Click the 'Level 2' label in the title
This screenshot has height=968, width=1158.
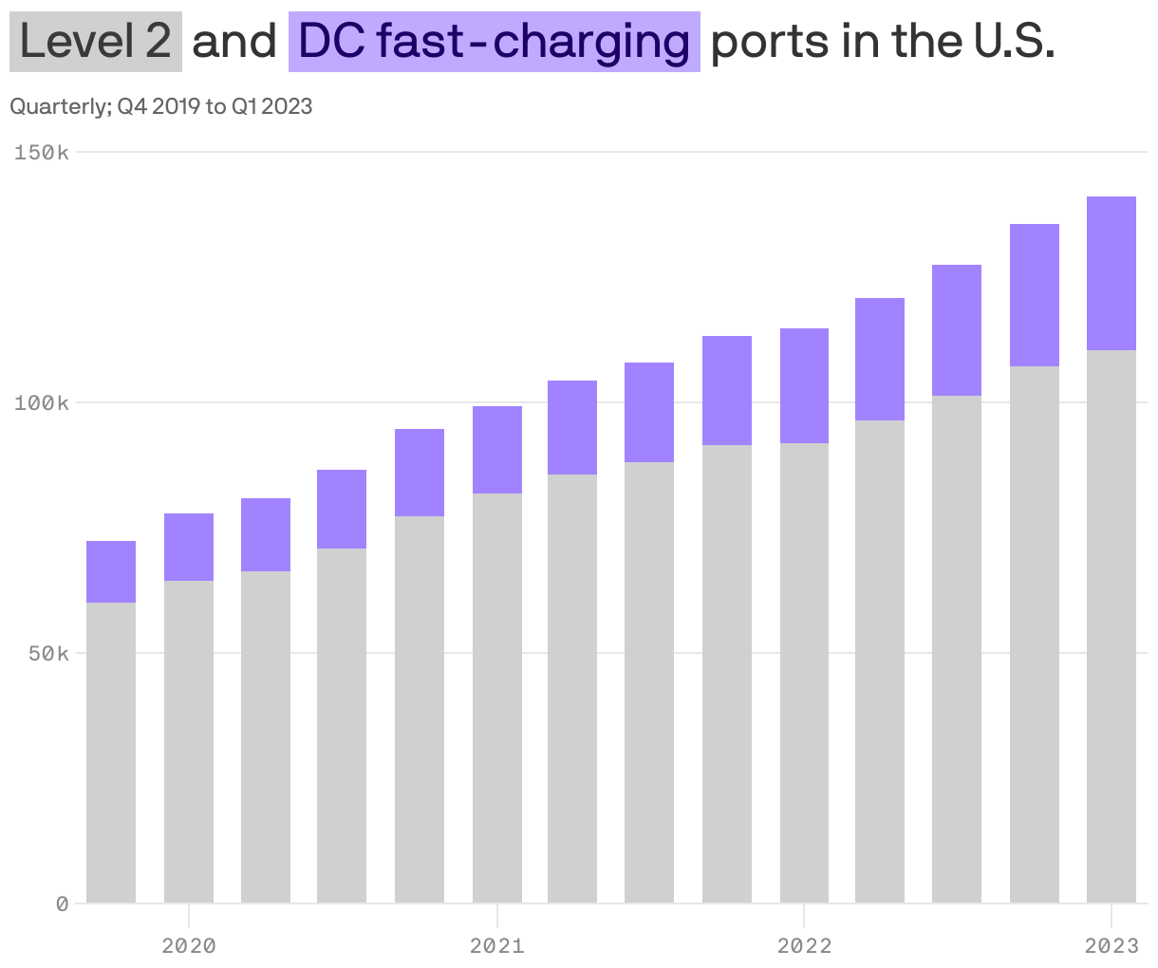pos(95,42)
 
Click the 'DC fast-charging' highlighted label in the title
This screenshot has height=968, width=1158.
pos(494,42)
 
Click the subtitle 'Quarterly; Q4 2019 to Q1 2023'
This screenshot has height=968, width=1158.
pos(160,106)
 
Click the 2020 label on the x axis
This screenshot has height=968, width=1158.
pos(189,945)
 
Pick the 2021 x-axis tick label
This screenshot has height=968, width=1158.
pos(496,945)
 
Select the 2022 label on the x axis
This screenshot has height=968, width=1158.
pos(804,945)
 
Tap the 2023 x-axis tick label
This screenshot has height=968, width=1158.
pos(1111,945)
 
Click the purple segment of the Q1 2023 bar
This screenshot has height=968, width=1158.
pos(1111,273)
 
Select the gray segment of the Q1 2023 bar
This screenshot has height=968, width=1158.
pos(1111,626)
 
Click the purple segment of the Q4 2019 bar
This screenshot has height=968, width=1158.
pos(111,571)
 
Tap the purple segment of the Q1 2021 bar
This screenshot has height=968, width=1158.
pos(496,450)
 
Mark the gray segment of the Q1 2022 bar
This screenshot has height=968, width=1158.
pos(804,673)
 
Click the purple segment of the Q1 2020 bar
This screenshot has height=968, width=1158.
pos(189,547)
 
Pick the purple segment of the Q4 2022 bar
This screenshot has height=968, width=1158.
pos(1035,295)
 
